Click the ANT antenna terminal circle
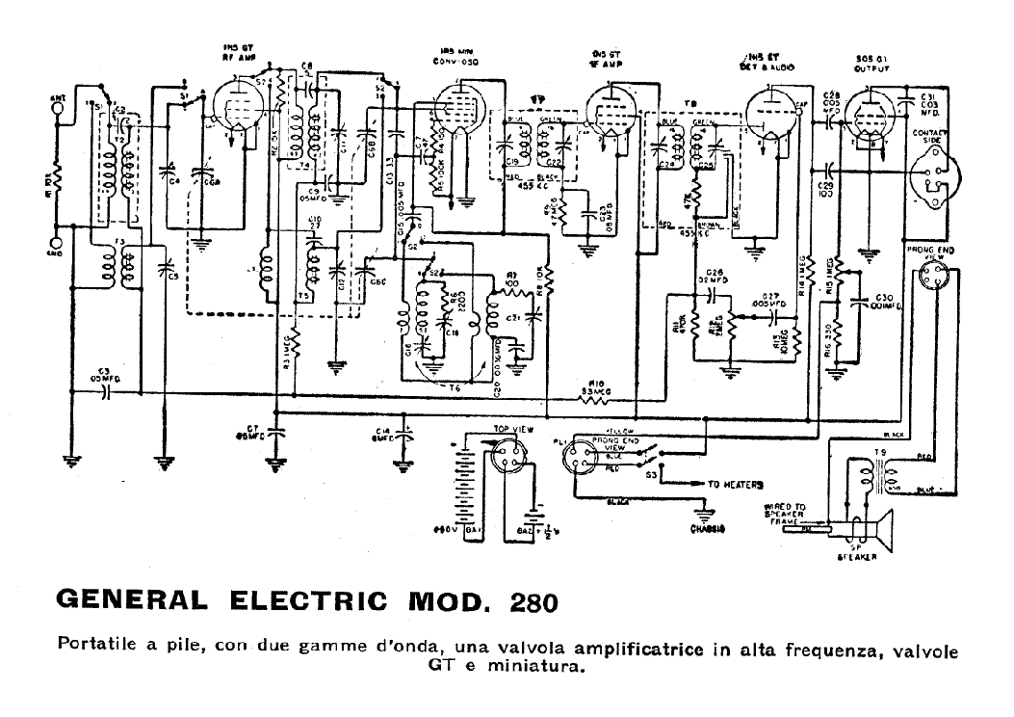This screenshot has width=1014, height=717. pyautogui.click(x=61, y=107)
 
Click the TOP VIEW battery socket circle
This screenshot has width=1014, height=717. pyautogui.click(x=507, y=456)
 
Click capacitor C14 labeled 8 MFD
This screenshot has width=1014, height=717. pyautogui.click(x=404, y=435)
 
